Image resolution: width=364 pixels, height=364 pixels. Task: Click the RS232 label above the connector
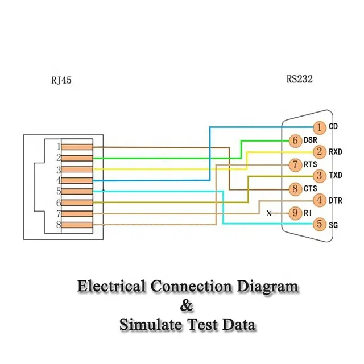point(300,80)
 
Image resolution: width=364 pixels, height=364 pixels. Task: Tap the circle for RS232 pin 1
point(320,127)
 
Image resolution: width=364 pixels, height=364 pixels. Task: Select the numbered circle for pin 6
point(295,140)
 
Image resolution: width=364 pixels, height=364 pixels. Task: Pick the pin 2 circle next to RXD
point(320,152)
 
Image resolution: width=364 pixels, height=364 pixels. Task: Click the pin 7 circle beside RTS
point(295,164)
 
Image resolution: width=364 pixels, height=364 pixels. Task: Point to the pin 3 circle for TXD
point(320,176)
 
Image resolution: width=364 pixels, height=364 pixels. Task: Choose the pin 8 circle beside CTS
point(295,188)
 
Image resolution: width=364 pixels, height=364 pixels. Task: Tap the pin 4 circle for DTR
point(320,200)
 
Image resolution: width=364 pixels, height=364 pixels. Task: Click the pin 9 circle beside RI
point(295,213)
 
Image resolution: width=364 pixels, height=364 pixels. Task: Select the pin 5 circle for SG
point(320,225)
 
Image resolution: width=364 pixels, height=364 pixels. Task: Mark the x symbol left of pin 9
point(270,213)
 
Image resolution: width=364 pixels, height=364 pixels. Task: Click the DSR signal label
point(311,140)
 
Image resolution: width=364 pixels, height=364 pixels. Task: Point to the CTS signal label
point(310,188)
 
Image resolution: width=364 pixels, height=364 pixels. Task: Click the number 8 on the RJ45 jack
point(58,225)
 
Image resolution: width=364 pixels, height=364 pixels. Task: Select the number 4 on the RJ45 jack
point(58,180)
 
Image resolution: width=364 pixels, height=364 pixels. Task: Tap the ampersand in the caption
point(187,306)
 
